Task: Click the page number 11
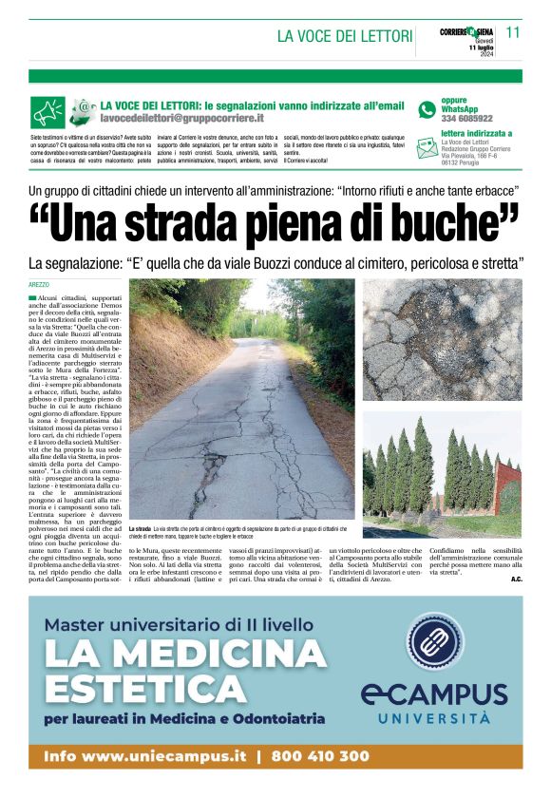[x=513, y=31]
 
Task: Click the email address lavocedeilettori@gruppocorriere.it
[x=182, y=119]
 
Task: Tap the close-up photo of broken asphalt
[x=442, y=339]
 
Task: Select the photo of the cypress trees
[x=442, y=460]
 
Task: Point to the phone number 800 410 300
[x=319, y=756]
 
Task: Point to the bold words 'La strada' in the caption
[x=139, y=527]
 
